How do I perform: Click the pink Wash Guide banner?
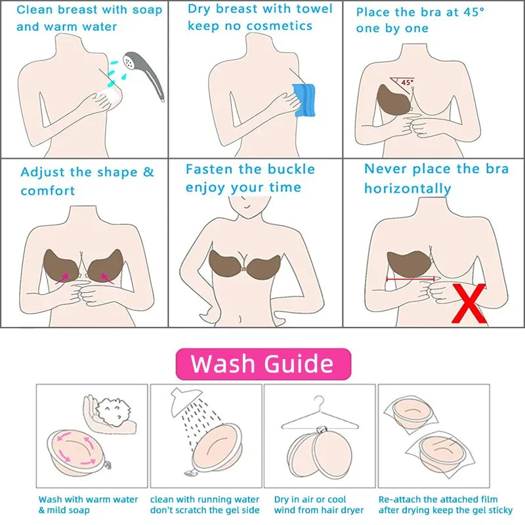point(262,364)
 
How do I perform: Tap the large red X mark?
point(469,304)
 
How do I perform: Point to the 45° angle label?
point(408,83)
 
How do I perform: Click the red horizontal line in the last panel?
point(410,278)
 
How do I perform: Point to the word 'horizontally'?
point(408,189)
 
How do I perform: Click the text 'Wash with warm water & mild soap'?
point(88,505)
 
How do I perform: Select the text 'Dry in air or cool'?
point(310,499)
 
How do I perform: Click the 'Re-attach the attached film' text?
point(438,499)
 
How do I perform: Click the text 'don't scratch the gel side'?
point(205,510)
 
